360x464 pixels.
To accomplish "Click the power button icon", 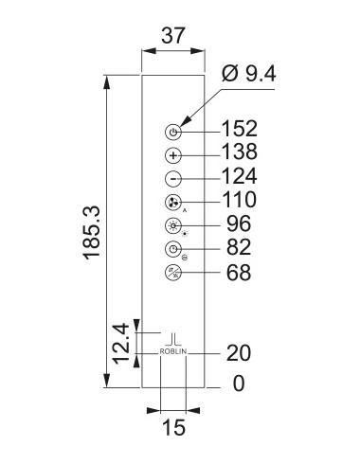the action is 173,132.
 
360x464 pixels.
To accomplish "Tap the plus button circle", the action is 173,155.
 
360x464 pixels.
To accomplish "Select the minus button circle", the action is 173,179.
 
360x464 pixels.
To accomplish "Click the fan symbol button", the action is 173,203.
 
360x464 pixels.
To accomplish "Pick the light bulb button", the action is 173,225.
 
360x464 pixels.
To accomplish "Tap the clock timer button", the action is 173,249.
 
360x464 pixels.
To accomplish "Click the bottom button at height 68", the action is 173,273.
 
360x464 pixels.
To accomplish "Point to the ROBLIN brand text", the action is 173,351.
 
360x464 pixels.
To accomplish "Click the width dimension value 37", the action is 173,36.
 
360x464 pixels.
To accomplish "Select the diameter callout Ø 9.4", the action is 249,74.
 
